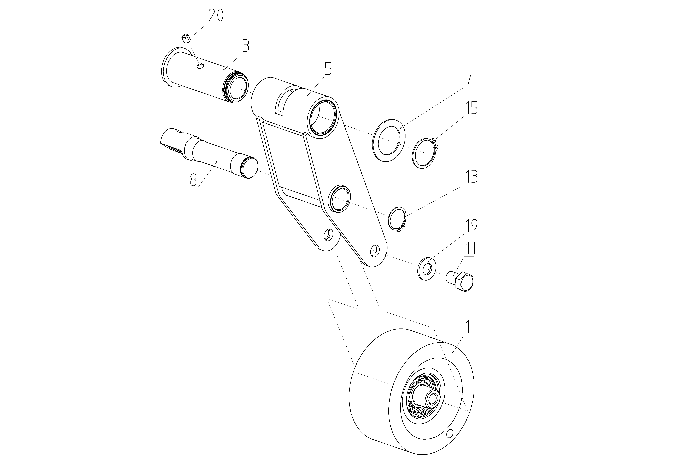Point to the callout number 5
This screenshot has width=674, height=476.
click(328, 69)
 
